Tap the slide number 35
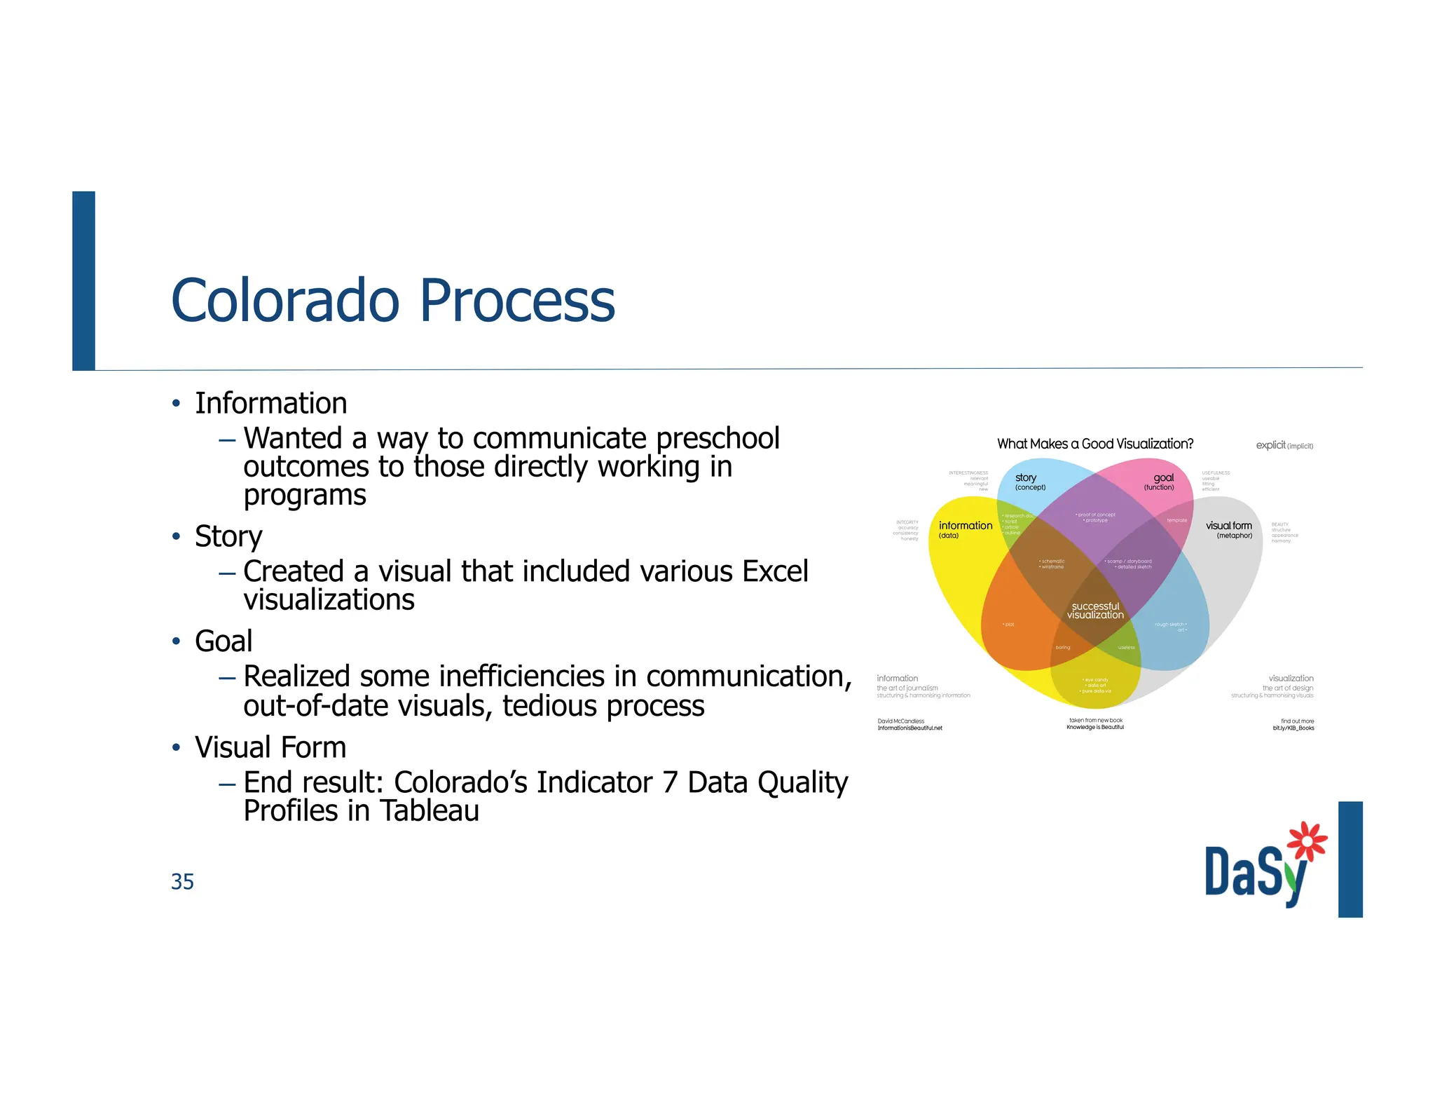182,881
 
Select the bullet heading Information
270,404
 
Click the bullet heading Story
228,537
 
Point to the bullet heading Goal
224,641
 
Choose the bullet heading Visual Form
270,747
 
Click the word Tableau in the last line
430,811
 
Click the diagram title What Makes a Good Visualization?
1094,444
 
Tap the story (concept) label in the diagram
1029,482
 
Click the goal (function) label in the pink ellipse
1160,482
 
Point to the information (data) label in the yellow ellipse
965,529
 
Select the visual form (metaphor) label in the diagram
1229,529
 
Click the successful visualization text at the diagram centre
1095,611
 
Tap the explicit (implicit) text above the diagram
1284,445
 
